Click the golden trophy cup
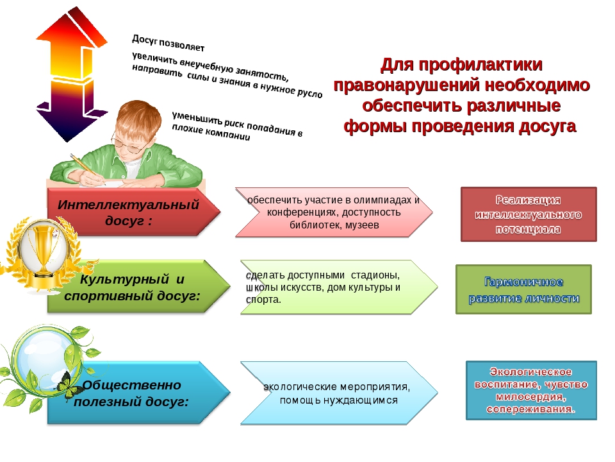pyautogui.click(x=43, y=252)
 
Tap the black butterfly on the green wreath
pyautogui.click(x=70, y=385)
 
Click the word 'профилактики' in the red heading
pyautogui.click(x=480, y=65)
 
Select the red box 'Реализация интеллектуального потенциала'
pyautogui.click(x=529, y=214)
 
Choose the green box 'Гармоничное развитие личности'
pyautogui.click(x=523, y=289)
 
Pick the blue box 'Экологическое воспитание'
pyautogui.click(x=531, y=391)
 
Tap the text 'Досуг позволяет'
pyautogui.click(x=168, y=43)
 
